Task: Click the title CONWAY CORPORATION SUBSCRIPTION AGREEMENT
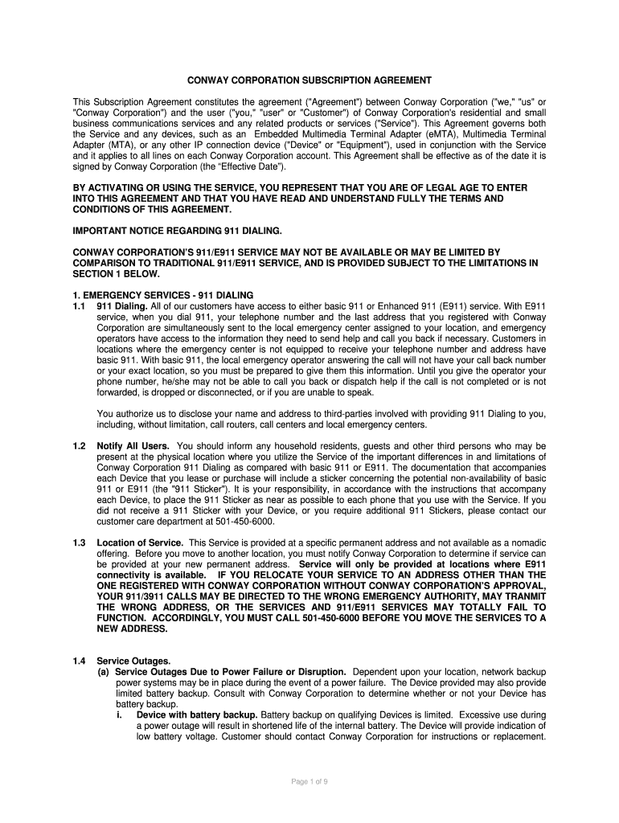pyautogui.click(x=309, y=80)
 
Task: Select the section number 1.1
pyautogui.click(x=79, y=306)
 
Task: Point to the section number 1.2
pyautogui.click(x=79, y=445)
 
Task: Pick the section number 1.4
pyautogui.click(x=79, y=661)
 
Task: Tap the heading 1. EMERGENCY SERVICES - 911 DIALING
pyautogui.click(x=163, y=295)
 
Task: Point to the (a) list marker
pyautogui.click(x=104, y=671)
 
